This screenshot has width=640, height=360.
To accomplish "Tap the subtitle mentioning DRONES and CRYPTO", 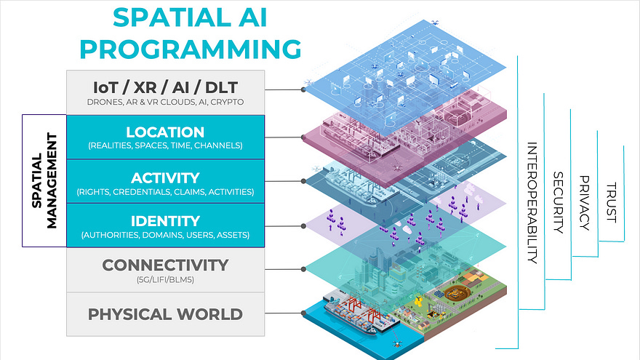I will point(164,102).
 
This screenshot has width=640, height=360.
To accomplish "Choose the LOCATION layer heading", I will point(165,132).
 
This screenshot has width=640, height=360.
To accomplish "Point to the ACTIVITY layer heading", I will point(165,177).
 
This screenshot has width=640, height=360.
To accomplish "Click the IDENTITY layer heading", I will point(165,220).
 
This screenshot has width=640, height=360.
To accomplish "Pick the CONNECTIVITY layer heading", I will point(165,265).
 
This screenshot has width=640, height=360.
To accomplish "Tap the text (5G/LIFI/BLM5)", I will point(165,279).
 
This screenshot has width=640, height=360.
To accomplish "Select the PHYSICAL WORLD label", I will point(165,314).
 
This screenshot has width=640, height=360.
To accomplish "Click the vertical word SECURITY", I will point(559,202).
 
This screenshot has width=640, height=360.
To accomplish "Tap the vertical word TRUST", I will point(611,202).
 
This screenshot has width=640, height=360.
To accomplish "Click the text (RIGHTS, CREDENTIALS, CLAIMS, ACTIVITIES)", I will point(165,192).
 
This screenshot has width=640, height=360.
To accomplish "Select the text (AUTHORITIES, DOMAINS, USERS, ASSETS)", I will point(165,235).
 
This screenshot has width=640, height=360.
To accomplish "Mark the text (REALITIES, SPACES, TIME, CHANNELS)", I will point(165,146).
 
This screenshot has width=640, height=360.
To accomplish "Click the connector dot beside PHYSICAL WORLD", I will point(302,314).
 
